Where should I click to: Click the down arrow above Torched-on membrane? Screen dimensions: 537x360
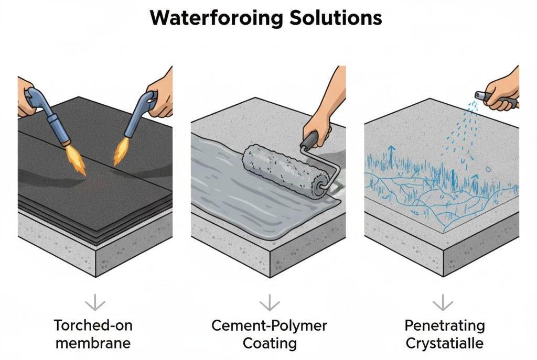tap(95, 302)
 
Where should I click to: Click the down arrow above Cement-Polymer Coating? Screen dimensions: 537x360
tap(270, 302)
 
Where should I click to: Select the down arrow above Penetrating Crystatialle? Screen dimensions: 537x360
tap(443, 302)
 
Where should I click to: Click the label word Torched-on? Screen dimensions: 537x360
tap(93, 325)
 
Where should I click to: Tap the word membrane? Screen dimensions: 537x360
tap(93, 343)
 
